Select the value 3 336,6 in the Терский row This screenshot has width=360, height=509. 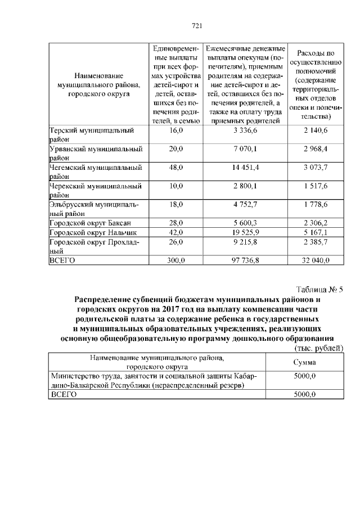tap(245, 130)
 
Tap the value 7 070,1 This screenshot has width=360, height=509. tap(245, 149)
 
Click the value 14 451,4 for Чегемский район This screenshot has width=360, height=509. tap(245, 168)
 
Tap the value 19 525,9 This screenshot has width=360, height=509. tap(245, 232)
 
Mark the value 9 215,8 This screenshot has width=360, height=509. tap(245, 242)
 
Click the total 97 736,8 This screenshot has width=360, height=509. tap(245, 260)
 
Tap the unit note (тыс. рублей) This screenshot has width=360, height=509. tap(319, 349)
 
